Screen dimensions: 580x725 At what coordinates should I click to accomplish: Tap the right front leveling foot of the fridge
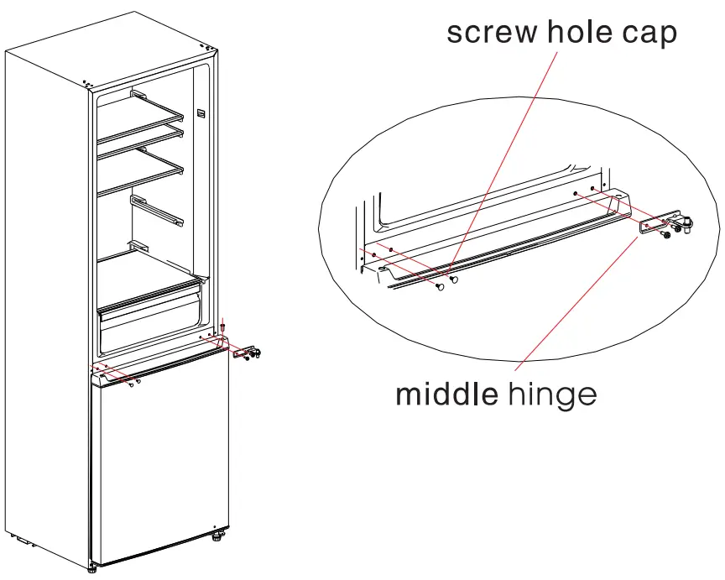tap(219, 534)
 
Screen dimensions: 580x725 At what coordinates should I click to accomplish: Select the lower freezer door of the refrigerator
tap(159, 462)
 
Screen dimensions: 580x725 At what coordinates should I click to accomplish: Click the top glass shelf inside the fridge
tap(143, 118)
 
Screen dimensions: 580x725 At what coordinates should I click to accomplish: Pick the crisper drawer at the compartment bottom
tap(151, 323)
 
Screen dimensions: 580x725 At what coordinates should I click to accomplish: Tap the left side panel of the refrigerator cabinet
tap(47, 294)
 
